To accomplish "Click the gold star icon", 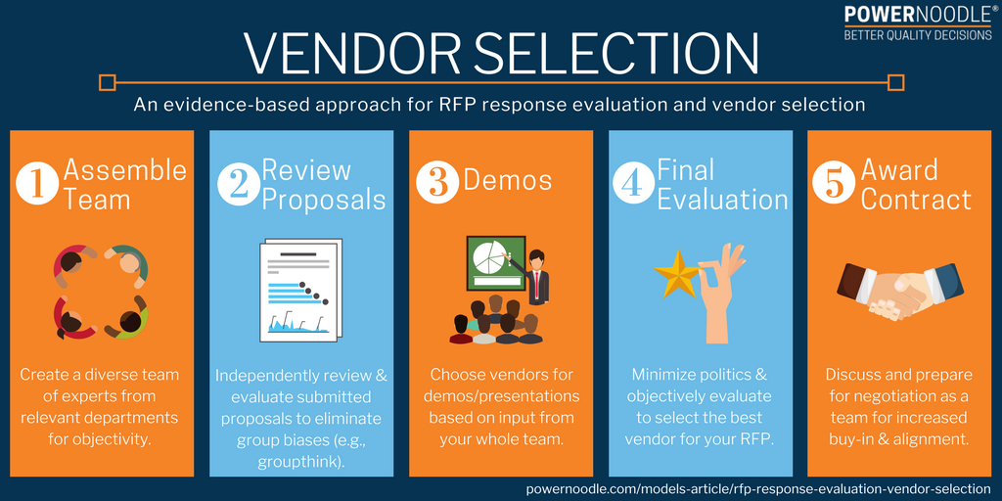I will pyautogui.click(x=676, y=274).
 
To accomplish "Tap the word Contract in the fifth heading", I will pyautogui.click(x=916, y=200).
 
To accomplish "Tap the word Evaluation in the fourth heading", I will pyautogui.click(x=722, y=200).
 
